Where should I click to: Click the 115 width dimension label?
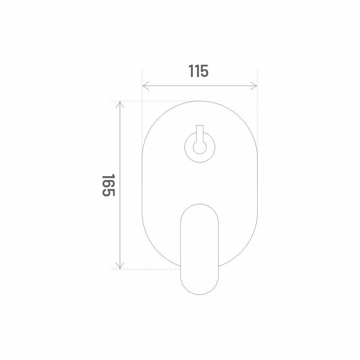[x=199, y=71]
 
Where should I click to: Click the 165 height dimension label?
[x=108, y=186]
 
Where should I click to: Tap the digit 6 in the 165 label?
[x=108, y=186]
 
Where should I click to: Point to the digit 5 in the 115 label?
[x=205, y=71]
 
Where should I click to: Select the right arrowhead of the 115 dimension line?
[x=254, y=86]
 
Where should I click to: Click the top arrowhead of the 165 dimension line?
[x=120, y=104]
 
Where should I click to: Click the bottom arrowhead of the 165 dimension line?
[x=120, y=266]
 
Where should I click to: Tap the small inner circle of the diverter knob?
[x=200, y=147]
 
